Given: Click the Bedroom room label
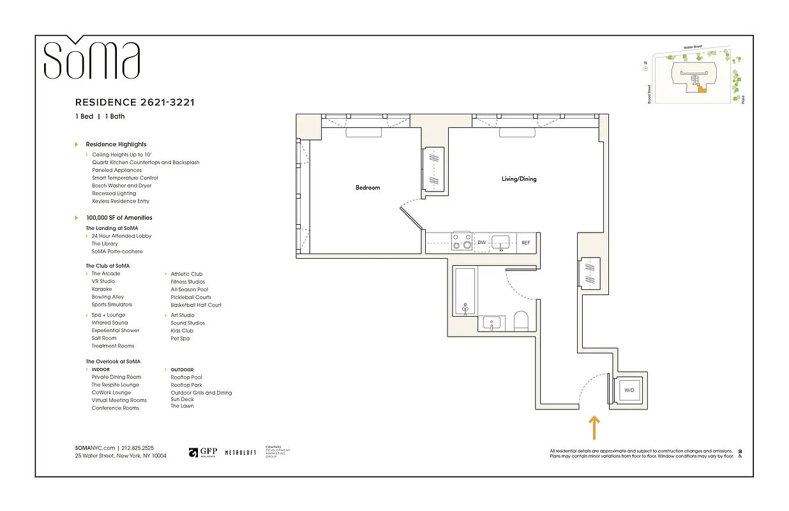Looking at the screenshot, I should pyautogui.click(x=368, y=188).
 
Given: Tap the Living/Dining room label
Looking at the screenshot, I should pyautogui.click(x=519, y=179).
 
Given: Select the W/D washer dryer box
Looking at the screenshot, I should pyautogui.click(x=629, y=390).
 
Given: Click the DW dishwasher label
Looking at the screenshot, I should pyautogui.click(x=482, y=243).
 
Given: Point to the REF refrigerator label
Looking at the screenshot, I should pyautogui.click(x=525, y=243).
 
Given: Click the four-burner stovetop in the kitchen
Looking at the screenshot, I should pyautogui.click(x=462, y=241).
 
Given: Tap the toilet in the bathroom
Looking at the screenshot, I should pyautogui.click(x=522, y=322).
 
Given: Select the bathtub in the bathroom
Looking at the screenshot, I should pyautogui.click(x=465, y=293).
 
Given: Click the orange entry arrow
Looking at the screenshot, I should pyautogui.click(x=594, y=427).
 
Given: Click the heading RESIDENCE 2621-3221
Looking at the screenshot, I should pyautogui.click(x=135, y=102).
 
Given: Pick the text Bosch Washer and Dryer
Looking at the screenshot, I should pyautogui.click(x=122, y=186).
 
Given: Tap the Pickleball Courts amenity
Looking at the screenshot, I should pyautogui.click(x=191, y=297).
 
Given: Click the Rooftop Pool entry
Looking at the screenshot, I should pyautogui.click(x=186, y=378).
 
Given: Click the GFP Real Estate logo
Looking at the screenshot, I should pyautogui.click(x=202, y=452).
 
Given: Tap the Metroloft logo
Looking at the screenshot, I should pyautogui.click(x=241, y=452).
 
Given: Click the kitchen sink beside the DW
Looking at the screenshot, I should pyautogui.click(x=501, y=241).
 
